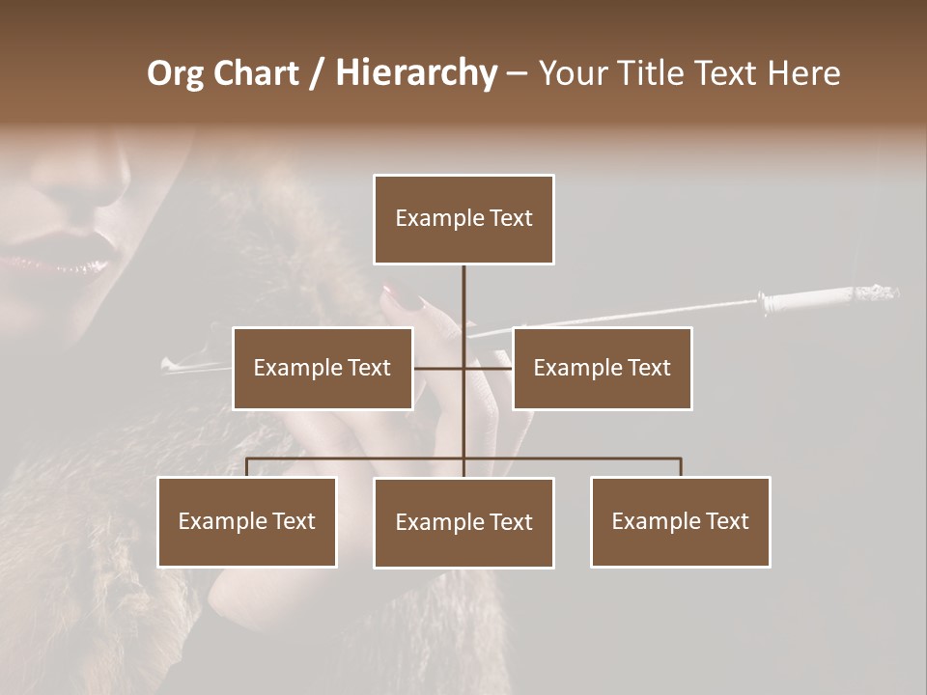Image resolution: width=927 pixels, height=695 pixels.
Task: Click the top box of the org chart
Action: (x=463, y=219)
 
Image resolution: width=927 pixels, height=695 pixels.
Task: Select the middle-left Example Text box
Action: (x=323, y=368)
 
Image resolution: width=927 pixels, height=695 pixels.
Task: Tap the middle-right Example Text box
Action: (x=602, y=368)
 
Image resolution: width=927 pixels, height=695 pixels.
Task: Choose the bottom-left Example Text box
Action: (x=247, y=521)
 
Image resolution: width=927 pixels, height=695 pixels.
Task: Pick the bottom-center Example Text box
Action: (x=463, y=522)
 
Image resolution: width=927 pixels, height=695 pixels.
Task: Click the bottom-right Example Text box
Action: (x=680, y=521)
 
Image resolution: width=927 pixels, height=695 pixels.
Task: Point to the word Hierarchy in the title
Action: (x=416, y=74)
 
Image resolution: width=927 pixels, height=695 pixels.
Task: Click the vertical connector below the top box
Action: (x=463, y=294)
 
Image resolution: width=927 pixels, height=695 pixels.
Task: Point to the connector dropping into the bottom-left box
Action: (x=247, y=467)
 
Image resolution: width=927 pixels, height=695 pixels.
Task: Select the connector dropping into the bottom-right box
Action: (x=681, y=467)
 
